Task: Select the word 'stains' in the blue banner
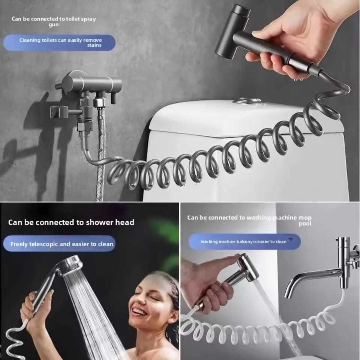[94, 45]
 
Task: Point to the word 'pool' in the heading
[305, 224]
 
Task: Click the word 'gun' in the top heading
[54, 25]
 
